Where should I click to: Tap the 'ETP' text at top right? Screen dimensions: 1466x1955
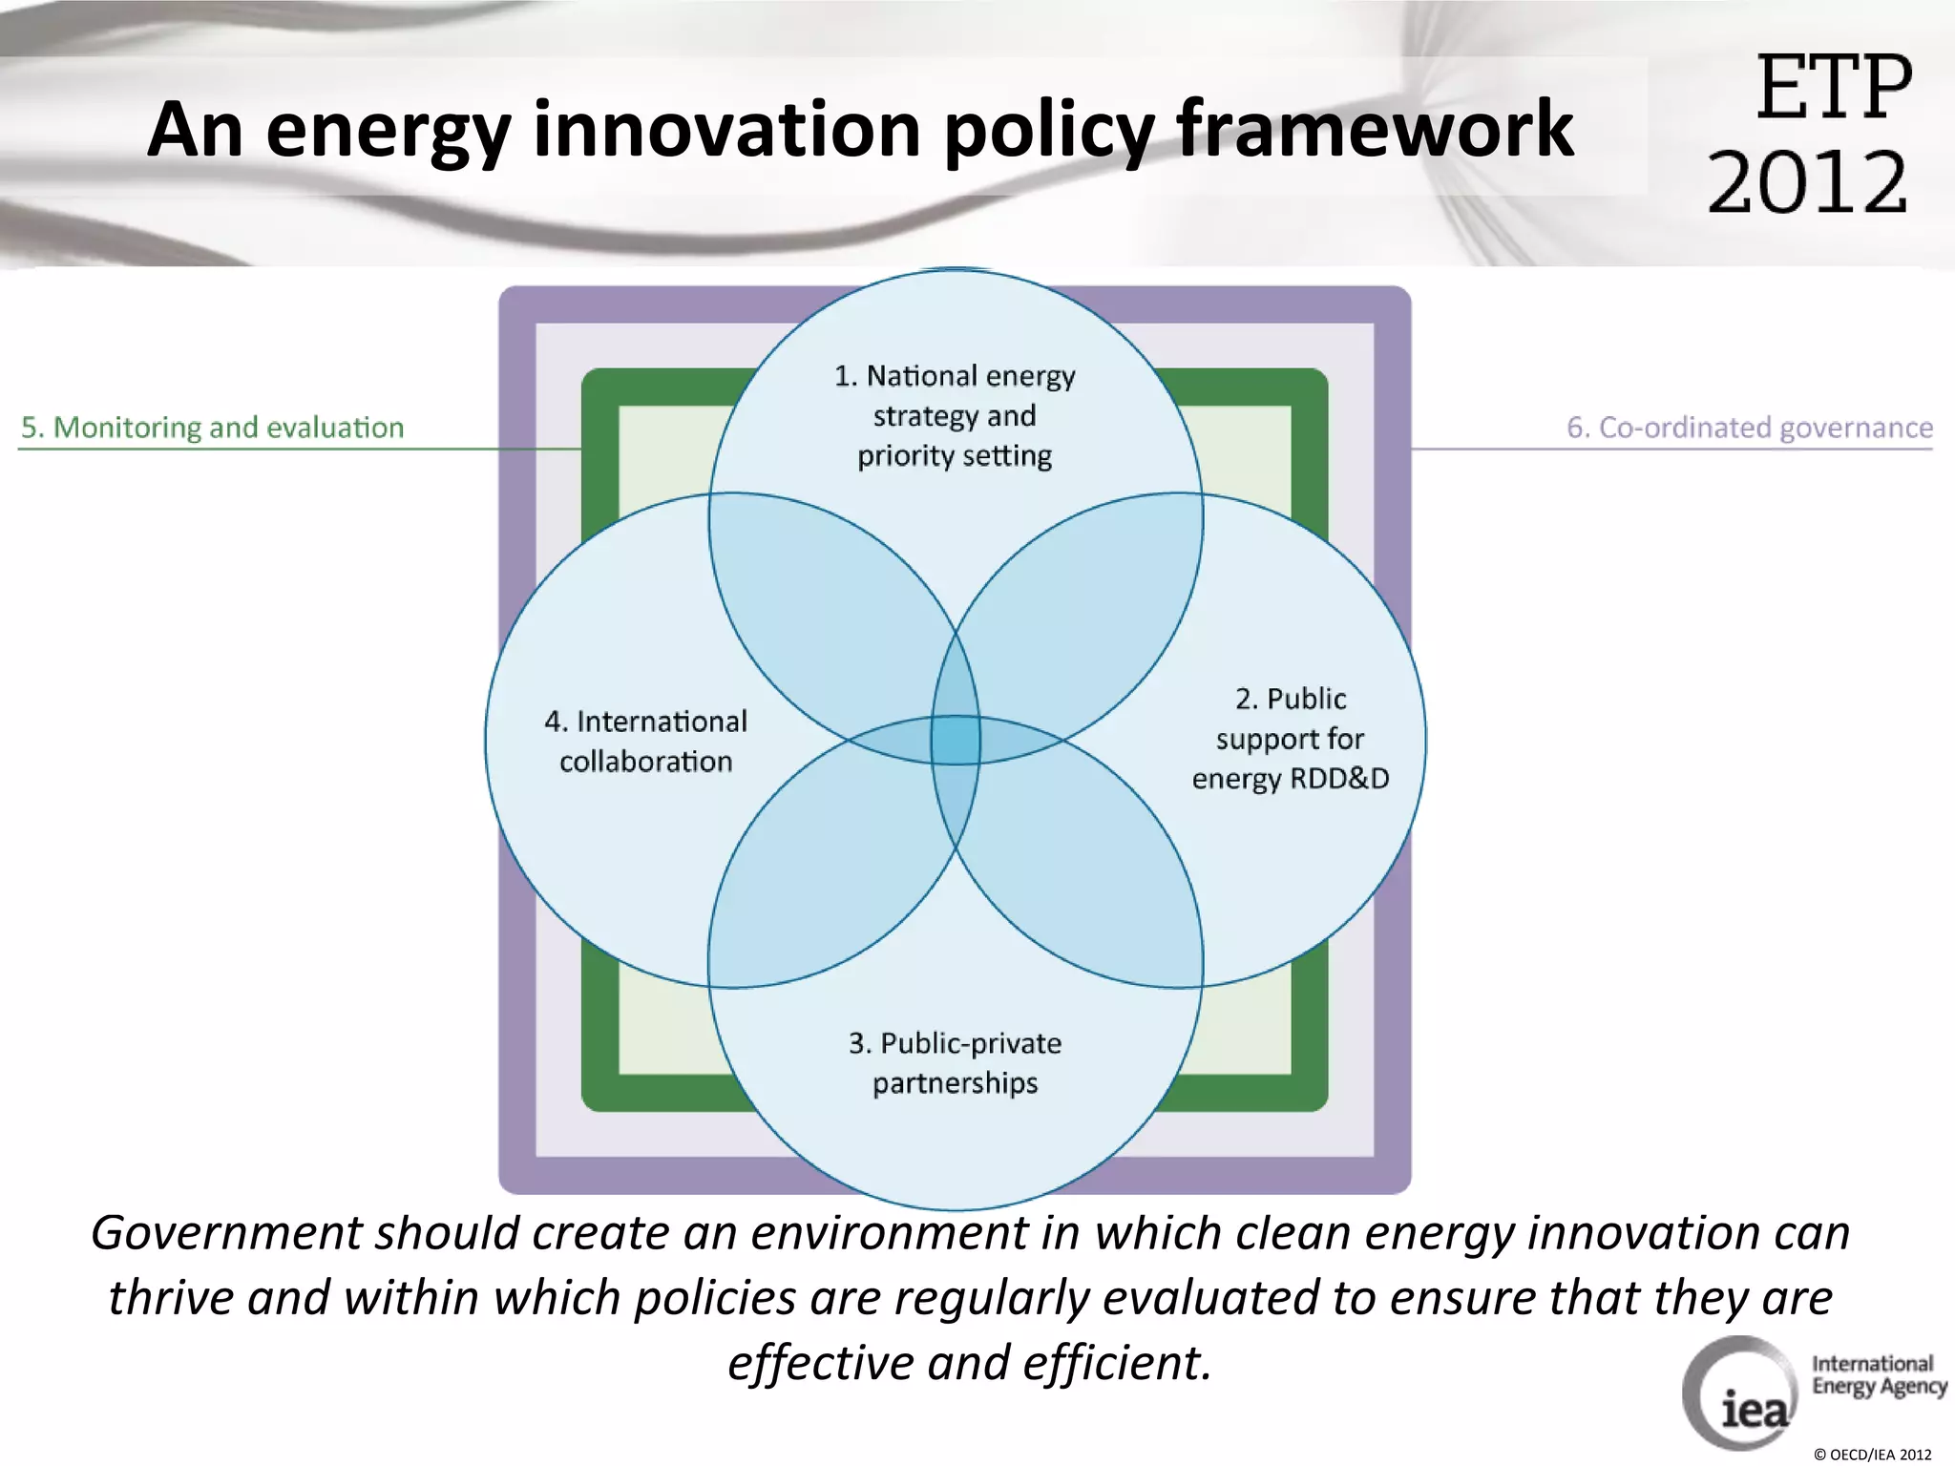[1833, 88]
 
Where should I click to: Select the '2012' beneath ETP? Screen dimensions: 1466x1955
[1807, 181]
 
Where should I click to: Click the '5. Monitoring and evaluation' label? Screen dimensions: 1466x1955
[212, 428]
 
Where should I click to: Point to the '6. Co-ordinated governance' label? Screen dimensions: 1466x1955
[1749, 428]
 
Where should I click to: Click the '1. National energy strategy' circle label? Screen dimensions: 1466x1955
[955, 415]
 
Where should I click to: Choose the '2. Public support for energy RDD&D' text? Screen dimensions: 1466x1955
[1290, 739]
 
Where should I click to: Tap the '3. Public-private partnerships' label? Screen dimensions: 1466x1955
[955, 1062]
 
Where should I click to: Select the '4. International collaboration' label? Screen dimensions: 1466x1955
[645, 741]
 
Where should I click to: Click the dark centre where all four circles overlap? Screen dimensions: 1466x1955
[956, 740]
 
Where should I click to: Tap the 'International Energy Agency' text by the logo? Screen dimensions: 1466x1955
[1878, 1375]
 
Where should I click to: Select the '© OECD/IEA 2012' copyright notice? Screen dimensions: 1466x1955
[1872, 1455]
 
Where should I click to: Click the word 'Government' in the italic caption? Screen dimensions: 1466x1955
[224, 1233]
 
